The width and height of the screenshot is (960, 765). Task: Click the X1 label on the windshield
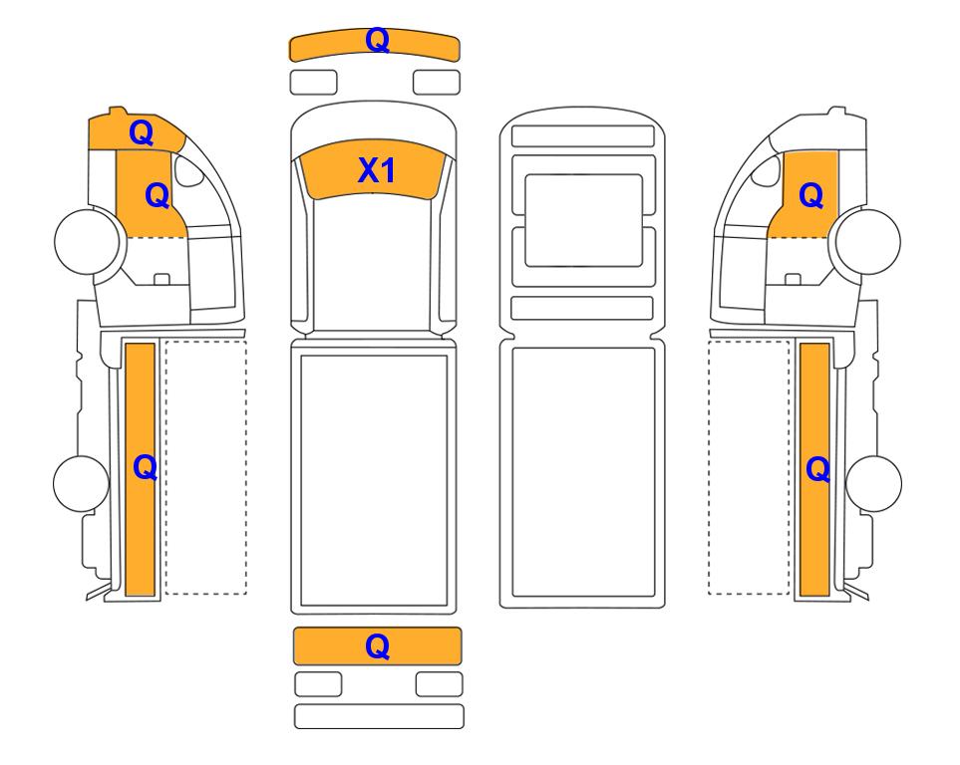click(x=377, y=170)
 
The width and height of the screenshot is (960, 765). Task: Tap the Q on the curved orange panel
click(x=377, y=41)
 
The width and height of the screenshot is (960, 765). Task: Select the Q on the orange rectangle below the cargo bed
click(x=377, y=646)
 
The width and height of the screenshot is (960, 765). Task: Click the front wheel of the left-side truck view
click(x=87, y=241)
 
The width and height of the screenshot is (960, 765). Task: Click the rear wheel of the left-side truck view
click(x=81, y=483)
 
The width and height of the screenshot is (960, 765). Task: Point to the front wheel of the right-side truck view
click(x=868, y=241)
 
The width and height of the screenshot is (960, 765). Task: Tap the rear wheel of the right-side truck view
click(x=873, y=483)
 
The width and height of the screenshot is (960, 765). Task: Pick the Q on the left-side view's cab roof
click(x=141, y=132)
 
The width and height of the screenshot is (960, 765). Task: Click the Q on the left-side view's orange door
click(x=157, y=196)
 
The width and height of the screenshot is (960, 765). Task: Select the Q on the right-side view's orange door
click(x=811, y=196)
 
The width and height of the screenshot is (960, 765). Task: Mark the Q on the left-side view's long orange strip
click(x=146, y=468)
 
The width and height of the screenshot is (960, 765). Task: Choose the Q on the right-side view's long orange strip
click(x=818, y=470)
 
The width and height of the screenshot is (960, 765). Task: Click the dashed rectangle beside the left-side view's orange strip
click(x=206, y=467)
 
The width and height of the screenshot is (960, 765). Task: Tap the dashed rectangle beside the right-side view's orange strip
click(x=749, y=467)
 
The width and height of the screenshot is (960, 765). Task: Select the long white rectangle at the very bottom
click(x=379, y=716)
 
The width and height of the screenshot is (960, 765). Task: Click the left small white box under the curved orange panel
click(x=313, y=83)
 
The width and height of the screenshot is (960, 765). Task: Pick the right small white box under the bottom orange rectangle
click(x=439, y=684)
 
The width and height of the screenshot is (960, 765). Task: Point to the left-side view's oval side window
click(x=189, y=170)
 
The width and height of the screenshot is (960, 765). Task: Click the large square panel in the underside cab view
click(x=583, y=220)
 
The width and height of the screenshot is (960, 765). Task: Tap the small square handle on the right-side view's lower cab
click(x=793, y=279)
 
